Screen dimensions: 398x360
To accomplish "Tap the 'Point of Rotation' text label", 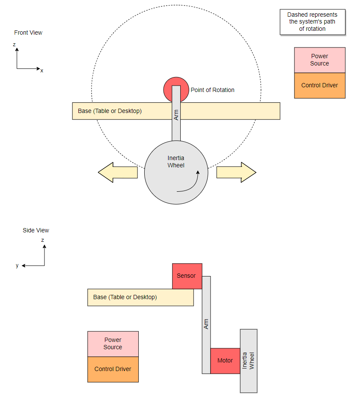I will click(212, 90).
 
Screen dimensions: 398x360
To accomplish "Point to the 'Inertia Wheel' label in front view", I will click(176, 161).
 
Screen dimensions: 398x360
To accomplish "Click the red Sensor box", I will click(187, 276).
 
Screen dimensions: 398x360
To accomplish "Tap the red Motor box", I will click(225, 361).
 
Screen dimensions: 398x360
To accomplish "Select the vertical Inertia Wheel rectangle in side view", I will click(249, 361).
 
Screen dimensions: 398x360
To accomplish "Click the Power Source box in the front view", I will click(319, 60).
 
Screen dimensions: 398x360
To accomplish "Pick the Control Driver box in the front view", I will click(319, 86).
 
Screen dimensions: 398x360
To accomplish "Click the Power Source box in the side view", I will click(113, 344).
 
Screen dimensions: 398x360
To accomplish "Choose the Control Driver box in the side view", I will click(113, 369).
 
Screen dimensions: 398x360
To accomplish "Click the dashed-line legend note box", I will click(312, 22).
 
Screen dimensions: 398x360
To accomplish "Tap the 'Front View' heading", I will click(28, 33).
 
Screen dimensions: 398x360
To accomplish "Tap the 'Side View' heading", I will click(36, 230).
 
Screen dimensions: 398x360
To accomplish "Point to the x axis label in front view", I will click(42, 71).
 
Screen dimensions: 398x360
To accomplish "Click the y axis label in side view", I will click(17, 265).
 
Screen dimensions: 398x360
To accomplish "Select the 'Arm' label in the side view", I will click(206, 324).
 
